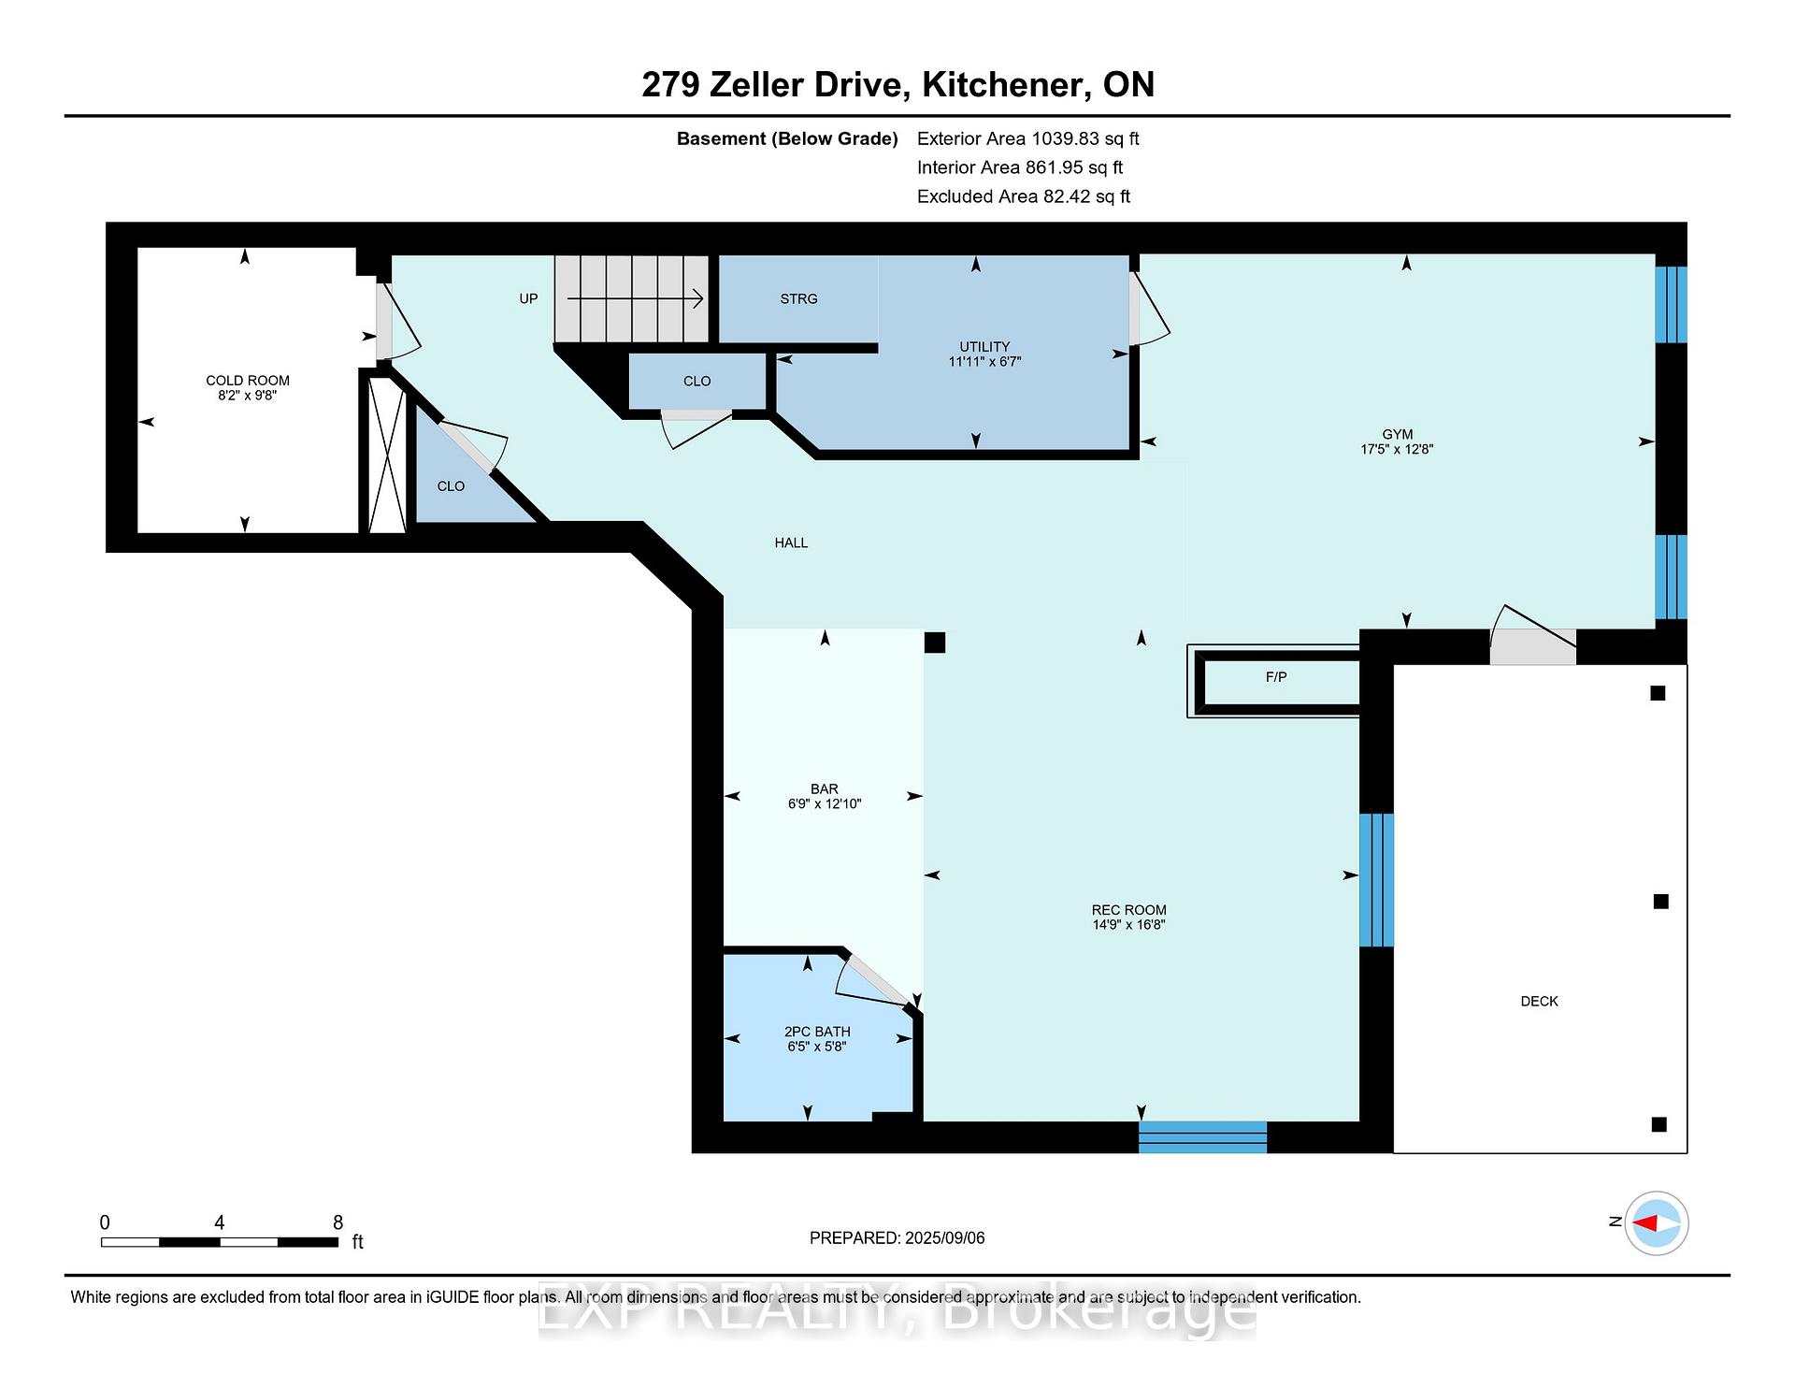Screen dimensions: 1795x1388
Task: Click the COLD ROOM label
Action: click(248, 380)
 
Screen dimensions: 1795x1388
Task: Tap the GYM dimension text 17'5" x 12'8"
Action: click(1397, 449)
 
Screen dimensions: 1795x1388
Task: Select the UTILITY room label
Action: click(984, 346)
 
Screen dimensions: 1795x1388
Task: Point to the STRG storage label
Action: click(798, 298)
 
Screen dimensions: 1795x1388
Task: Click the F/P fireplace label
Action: click(1276, 676)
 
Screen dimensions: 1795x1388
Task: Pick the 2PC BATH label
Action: click(817, 1032)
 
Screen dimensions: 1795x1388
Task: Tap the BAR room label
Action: click(825, 788)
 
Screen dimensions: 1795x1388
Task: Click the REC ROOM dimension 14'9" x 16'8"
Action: click(1129, 925)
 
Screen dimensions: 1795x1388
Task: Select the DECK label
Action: click(1539, 1001)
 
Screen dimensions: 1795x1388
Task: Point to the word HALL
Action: click(791, 542)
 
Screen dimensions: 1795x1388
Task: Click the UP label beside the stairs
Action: click(528, 298)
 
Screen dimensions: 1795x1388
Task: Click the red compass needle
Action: click(1644, 1222)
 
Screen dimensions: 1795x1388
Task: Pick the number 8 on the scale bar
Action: click(337, 1222)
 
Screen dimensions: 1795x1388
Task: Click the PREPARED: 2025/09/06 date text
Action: click(897, 1237)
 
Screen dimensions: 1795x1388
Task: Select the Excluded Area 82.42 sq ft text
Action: click(1024, 196)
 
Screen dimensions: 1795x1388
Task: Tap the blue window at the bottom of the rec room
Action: click(1202, 1136)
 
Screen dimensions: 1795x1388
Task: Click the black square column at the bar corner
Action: click(935, 643)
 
